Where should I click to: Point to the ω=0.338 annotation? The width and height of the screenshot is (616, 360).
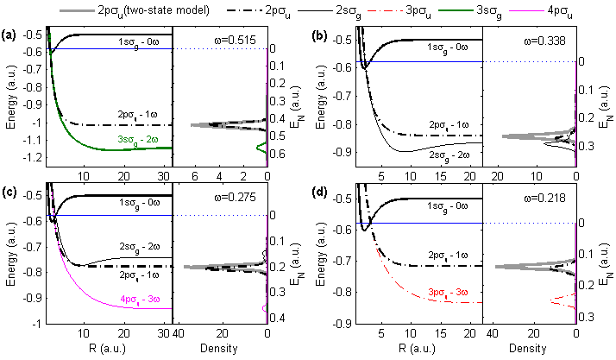point(544,41)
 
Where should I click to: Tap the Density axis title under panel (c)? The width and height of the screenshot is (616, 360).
point(221,351)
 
